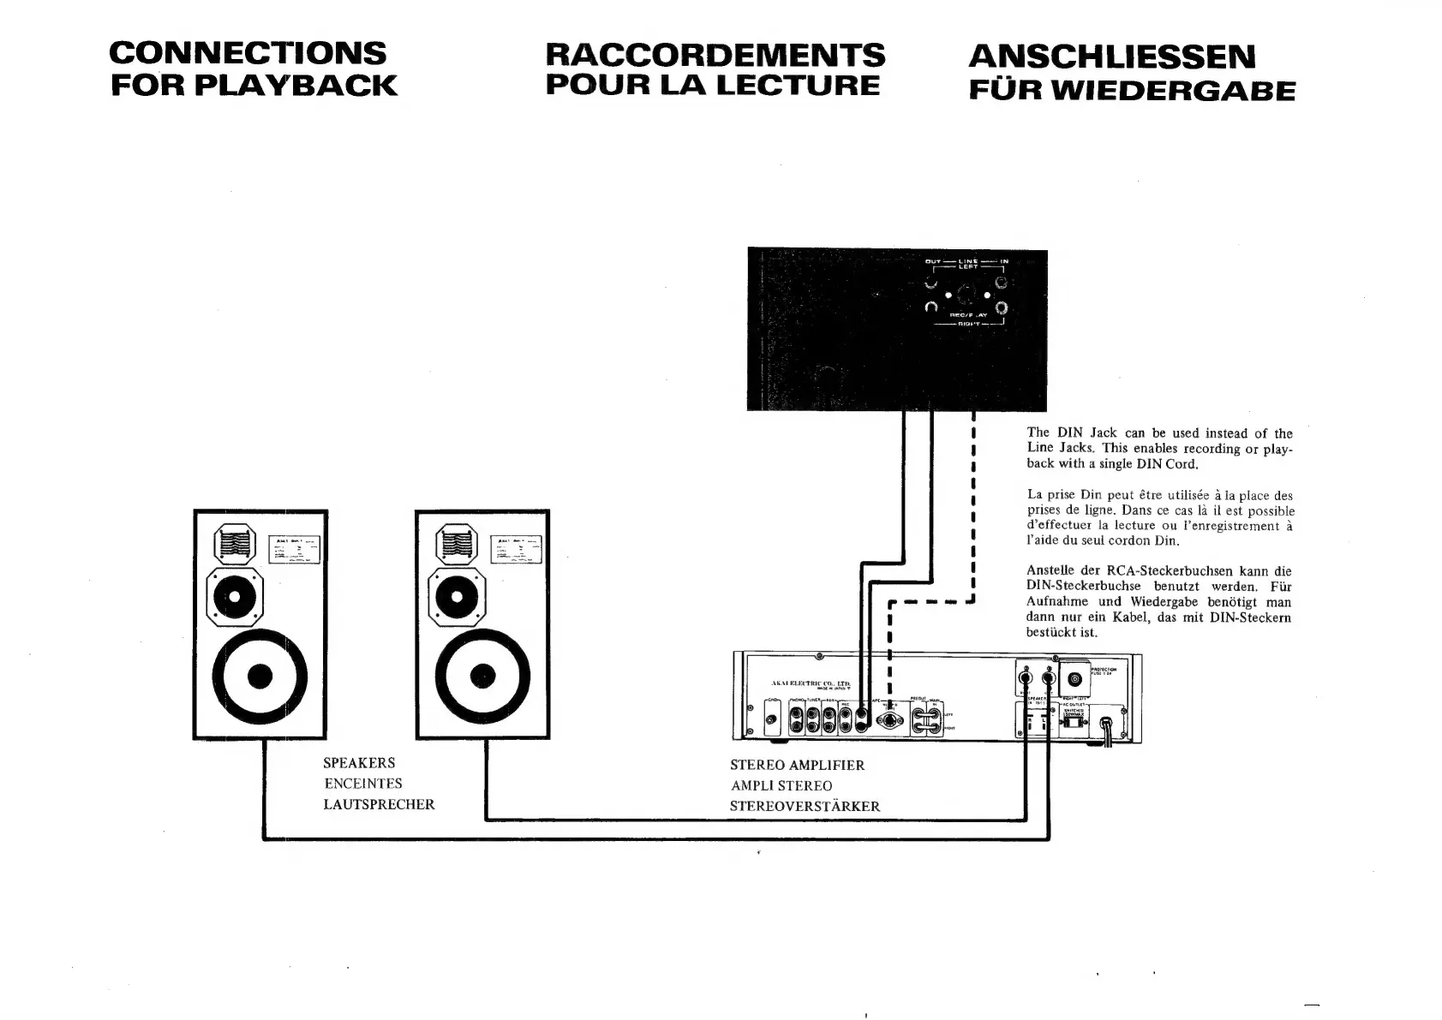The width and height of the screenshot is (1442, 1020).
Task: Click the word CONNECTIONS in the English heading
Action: click(x=248, y=53)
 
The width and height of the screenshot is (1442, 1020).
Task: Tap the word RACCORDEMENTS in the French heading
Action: click(x=715, y=55)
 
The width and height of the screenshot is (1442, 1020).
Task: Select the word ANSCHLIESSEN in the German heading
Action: click(x=1112, y=57)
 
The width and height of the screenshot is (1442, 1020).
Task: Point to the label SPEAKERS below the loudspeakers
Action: click(x=359, y=763)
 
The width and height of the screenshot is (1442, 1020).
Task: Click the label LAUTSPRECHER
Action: click(x=379, y=805)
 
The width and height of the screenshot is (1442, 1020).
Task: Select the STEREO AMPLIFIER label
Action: click(x=797, y=766)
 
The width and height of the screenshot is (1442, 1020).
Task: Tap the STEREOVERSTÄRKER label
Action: click(x=805, y=807)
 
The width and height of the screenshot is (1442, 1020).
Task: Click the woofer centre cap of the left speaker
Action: click(x=260, y=676)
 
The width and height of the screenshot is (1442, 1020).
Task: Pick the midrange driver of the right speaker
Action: click(x=457, y=597)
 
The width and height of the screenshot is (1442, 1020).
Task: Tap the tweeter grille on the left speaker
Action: click(x=235, y=544)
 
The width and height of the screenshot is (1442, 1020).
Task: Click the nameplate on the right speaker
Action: click(x=516, y=549)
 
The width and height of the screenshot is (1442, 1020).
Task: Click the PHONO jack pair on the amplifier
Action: click(x=798, y=725)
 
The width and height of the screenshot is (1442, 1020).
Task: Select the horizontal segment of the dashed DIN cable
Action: click(x=932, y=601)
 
